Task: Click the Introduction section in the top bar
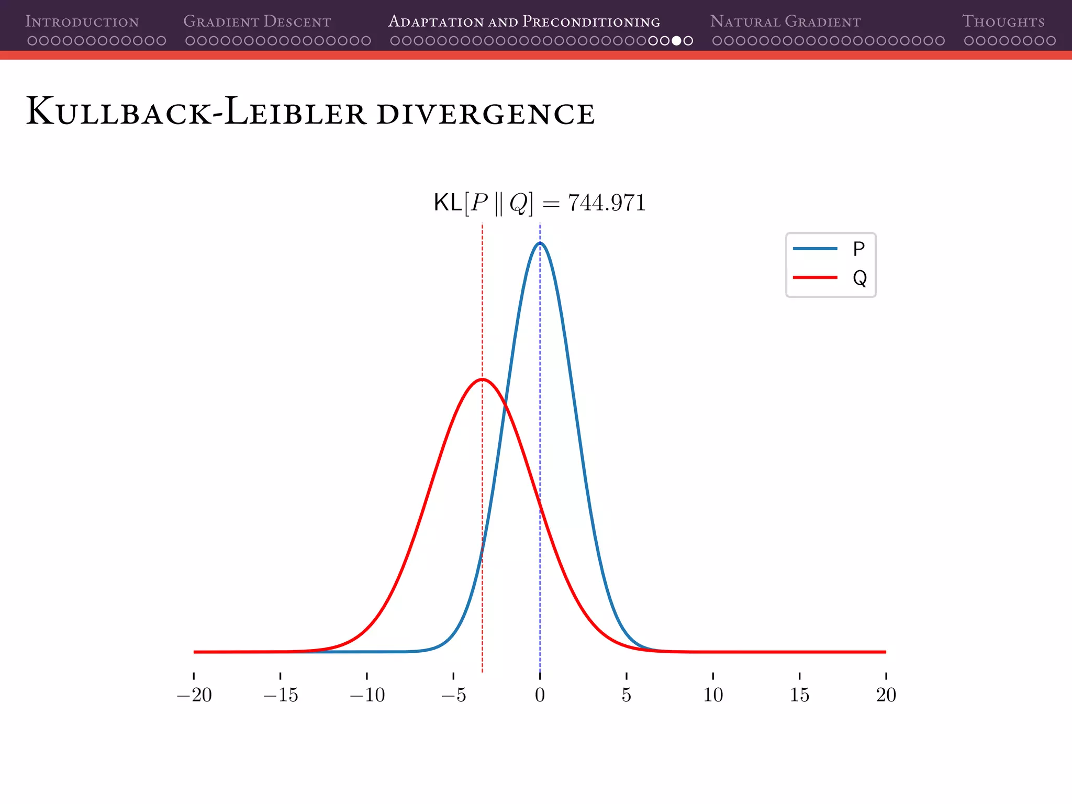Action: coord(82,21)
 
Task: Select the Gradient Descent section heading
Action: coord(256,21)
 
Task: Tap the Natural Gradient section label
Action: coord(785,21)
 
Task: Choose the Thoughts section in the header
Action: coord(1003,21)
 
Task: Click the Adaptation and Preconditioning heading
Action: coord(524,21)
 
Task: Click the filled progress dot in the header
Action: coord(676,41)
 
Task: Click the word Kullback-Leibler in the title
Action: coord(196,111)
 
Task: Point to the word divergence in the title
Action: coord(485,114)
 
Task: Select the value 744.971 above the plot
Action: coord(607,203)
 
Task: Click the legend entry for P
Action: coord(830,249)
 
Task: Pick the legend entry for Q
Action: coord(830,277)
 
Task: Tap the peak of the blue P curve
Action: coord(540,243)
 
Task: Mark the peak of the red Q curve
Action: coord(482,379)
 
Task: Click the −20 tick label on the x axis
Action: coord(194,695)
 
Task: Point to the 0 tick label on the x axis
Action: coord(540,695)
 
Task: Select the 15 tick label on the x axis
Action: coord(799,695)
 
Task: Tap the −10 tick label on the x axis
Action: coord(367,695)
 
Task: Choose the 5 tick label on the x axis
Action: coord(627,695)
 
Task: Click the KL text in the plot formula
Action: coord(448,203)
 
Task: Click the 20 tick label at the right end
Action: coord(886,695)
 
